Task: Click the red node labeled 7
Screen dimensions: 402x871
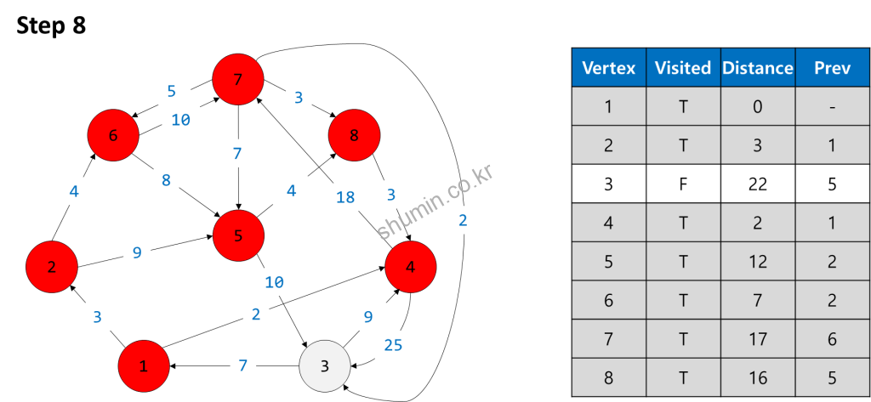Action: [x=238, y=80]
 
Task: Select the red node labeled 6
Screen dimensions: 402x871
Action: [x=113, y=135]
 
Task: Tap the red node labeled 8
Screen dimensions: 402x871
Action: [x=354, y=134]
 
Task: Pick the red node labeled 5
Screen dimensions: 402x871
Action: [x=238, y=236]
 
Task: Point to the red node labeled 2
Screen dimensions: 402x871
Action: [x=52, y=267]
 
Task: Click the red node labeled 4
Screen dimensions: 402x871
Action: [x=411, y=267]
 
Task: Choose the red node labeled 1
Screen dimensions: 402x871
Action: [x=144, y=366]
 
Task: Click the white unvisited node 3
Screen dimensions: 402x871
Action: [x=324, y=366]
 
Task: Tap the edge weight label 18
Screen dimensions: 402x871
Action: [x=345, y=197]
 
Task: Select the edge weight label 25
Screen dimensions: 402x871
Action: [x=393, y=344]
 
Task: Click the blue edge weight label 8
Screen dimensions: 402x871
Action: [x=166, y=180]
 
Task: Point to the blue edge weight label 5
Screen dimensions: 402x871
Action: [x=171, y=91]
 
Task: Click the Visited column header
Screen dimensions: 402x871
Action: [x=682, y=68]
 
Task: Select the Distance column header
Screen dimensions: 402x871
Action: [x=757, y=68]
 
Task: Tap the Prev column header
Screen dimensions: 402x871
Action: [x=832, y=68]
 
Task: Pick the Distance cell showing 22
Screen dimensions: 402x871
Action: [x=757, y=184]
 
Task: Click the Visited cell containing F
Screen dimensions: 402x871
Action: [x=682, y=184]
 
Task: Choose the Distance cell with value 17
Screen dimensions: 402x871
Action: [x=757, y=339]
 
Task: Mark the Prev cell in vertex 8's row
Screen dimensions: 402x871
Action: [x=832, y=377]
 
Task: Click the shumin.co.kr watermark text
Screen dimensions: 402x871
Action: [x=435, y=202]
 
